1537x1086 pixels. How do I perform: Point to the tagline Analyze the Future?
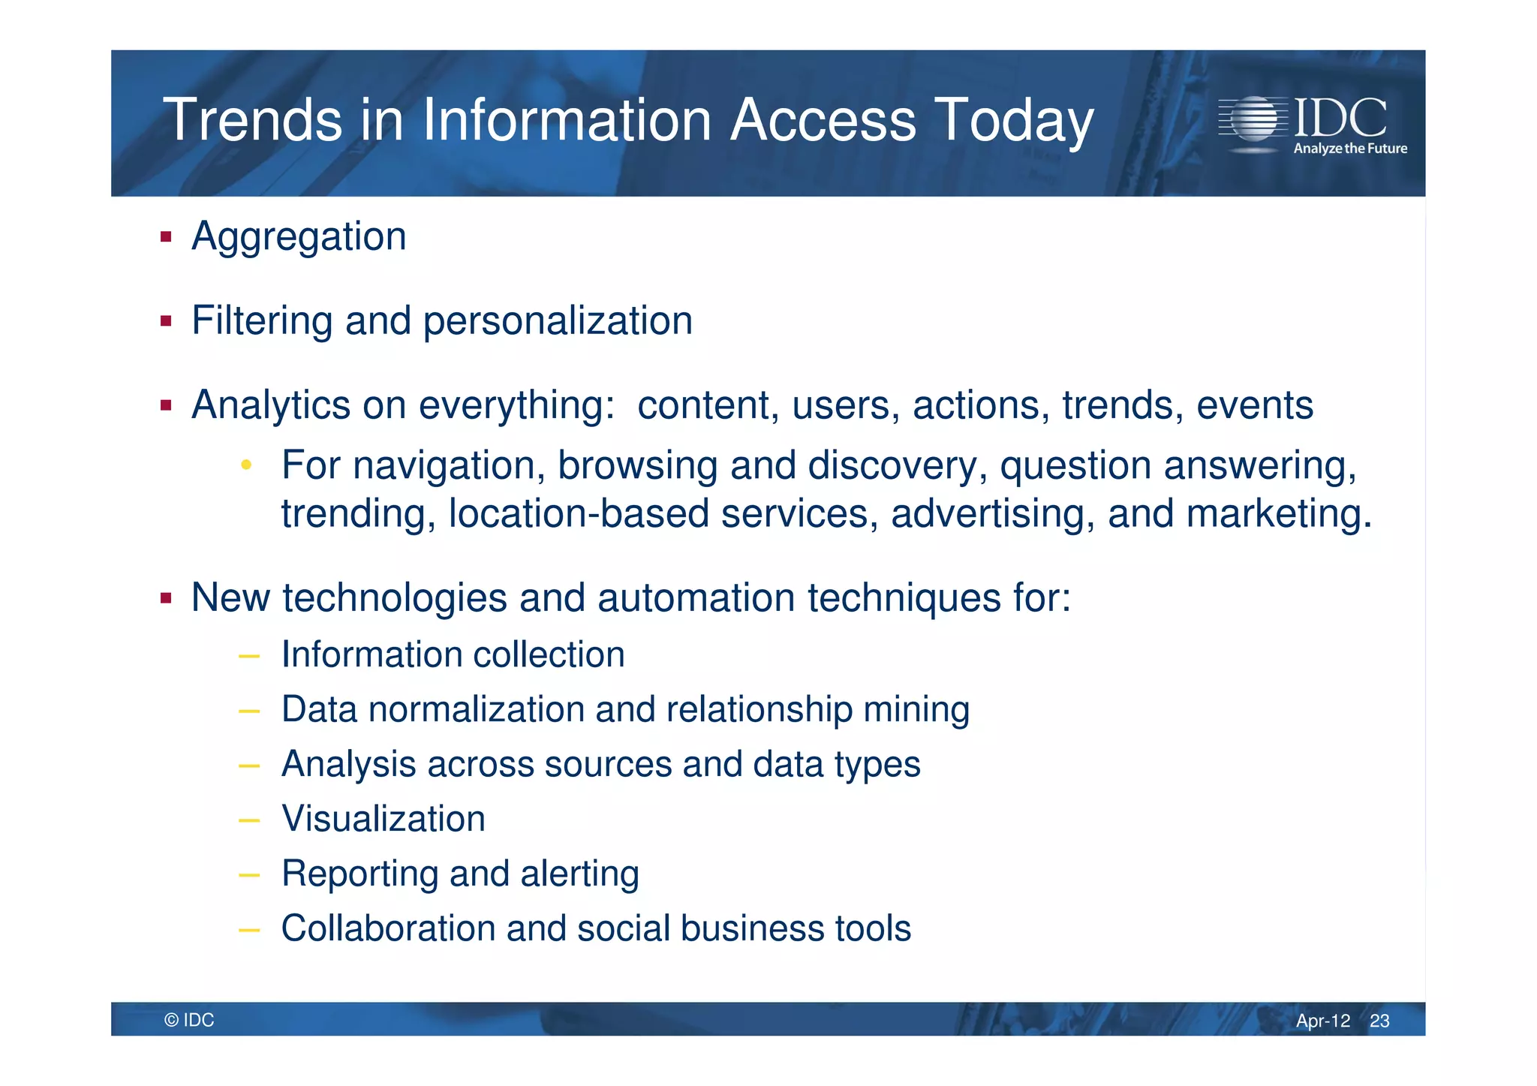(x=1349, y=149)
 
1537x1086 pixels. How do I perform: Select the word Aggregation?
(x=299, y=238)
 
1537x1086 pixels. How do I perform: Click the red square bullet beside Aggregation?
(x=166, y=238)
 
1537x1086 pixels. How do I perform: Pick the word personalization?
(x=557, y=322)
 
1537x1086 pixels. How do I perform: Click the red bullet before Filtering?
(x=166, y=322)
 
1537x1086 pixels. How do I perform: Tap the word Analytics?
(x=270, y=406)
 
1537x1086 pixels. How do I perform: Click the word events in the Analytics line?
(x=1254, y=405)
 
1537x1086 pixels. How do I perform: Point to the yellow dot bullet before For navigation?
(x=245, y=465)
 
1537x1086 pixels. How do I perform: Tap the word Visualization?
(x=383, y=819)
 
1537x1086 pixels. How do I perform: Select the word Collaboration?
(x=387, y=928)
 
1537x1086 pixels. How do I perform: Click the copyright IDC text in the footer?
(x=189, y=1020)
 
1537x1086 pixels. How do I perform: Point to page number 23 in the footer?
(x=1379, y=1021)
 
